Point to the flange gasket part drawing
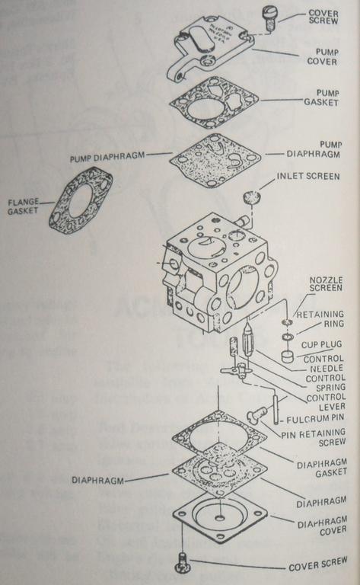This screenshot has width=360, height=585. [80, 200]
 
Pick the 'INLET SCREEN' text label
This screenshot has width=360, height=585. [308, 177]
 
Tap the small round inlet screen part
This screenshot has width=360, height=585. [250, 198]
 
